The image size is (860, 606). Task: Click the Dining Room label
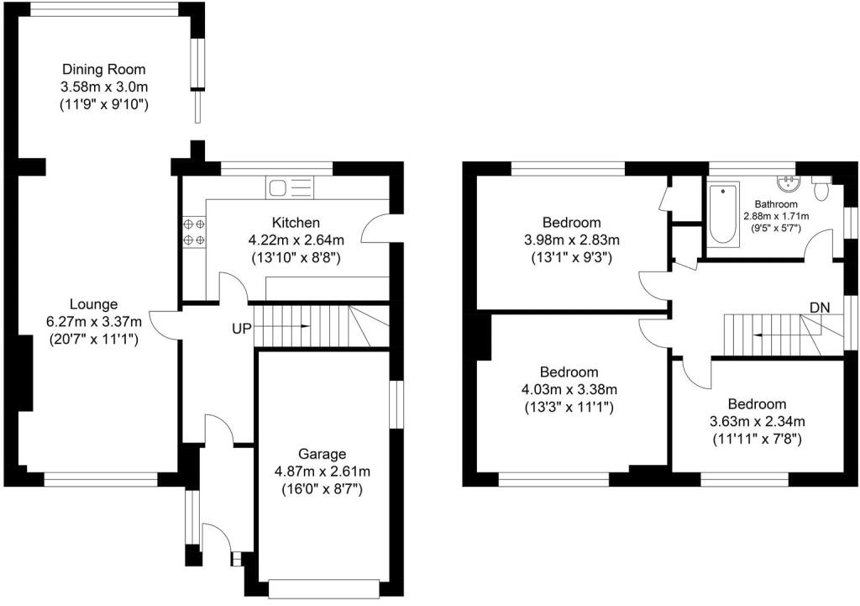click(103, 69)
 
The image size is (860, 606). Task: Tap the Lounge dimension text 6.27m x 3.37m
click(94, 322)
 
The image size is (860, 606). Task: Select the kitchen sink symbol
click(290, 187)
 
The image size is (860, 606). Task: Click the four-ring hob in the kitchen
click(193, 232)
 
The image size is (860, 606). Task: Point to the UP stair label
click(241, 329)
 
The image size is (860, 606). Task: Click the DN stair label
click(820, 308)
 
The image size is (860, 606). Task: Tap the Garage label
click(322, 454)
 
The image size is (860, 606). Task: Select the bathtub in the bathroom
click(723, 212)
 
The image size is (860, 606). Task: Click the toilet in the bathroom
click(821, 188)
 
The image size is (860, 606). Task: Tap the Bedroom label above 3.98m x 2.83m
click(571, 222)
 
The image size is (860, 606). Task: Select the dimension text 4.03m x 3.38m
click(569, 390)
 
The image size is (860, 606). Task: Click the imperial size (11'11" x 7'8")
click(757, 439)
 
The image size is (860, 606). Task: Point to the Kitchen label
click(296, 222)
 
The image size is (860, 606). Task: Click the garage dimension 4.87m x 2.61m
click(322, 471)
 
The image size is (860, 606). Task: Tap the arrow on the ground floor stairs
click(282, 326)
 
